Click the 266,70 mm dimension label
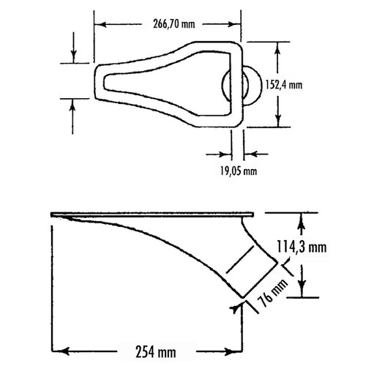[174, 24]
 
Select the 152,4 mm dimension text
[284, 85]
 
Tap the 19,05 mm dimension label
[239, 171]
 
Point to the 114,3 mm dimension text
[302, 247]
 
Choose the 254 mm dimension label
[156, 352]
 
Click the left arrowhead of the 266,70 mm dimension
[100, 24]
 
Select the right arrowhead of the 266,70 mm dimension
[234, 24]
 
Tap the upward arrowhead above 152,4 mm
[277, 48]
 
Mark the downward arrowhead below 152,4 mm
[277, 121]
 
